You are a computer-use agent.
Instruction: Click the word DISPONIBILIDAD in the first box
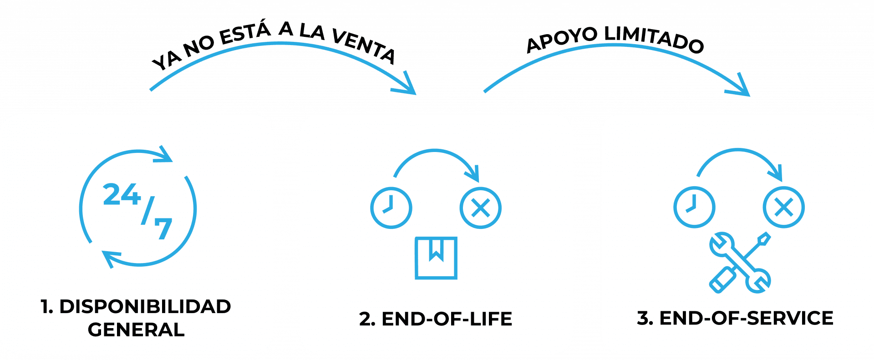pyautogui.click(x=145, y=307)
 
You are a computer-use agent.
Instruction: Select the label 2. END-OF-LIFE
pyautogui.click(x=436, y=319)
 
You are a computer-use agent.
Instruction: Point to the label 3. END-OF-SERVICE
pyautogui.click(x=735, y=318)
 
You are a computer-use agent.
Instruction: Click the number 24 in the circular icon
pyautogui.click(x=121, y=195)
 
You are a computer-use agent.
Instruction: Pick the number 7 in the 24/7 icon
pyautogui.click(x=163, y=228)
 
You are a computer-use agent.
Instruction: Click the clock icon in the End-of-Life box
pyautogui.click(x=391, y=208)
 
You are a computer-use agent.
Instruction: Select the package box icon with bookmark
pyautogui.click(x=436, y=258)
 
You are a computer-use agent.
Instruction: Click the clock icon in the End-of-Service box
pyautogui.click(x=694, y=207)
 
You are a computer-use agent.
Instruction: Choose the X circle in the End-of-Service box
pyautogui.click(x=783, y=207)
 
